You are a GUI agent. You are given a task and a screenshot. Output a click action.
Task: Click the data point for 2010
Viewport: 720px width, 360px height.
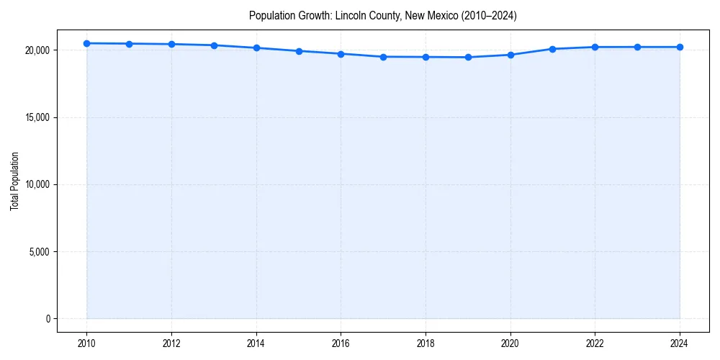87,43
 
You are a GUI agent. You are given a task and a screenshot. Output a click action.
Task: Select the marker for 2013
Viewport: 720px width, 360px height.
214,45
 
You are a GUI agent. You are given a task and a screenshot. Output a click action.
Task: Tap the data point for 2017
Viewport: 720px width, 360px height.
383,57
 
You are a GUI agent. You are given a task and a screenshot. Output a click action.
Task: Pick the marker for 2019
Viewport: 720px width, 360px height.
468,57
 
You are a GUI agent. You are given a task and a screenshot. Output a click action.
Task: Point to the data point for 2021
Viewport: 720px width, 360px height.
552,49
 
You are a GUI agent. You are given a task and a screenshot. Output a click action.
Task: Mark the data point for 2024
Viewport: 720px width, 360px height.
680,47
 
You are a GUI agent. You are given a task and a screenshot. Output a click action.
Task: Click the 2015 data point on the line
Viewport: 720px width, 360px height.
299,51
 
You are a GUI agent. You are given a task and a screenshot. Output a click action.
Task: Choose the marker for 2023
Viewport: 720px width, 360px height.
637,47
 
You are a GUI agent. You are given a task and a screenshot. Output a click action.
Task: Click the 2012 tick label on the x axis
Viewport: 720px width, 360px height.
171,343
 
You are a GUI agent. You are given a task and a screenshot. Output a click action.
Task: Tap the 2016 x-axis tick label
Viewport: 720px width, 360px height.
341,343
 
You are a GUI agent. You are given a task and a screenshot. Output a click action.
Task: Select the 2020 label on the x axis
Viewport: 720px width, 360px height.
510,343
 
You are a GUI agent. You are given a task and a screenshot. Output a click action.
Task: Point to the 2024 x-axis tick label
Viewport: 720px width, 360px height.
680,343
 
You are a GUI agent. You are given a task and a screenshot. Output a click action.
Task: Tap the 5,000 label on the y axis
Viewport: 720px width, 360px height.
40,252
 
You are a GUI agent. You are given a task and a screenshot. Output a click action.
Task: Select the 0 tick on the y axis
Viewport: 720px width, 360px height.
48,319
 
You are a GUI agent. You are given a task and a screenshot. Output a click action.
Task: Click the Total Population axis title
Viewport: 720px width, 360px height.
14,181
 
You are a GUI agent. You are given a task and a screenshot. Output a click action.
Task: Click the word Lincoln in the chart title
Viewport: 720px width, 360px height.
349,15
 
